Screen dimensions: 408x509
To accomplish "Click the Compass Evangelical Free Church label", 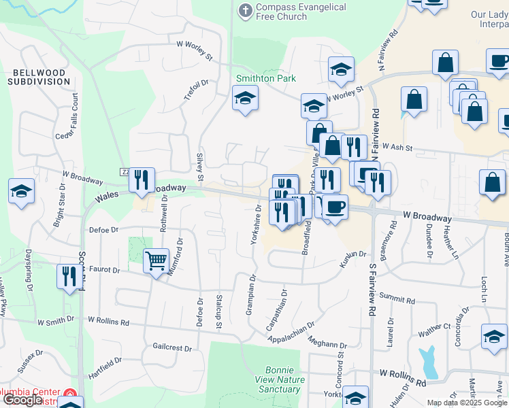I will (301, 12).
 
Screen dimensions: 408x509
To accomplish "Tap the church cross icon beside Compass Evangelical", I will (246, 10).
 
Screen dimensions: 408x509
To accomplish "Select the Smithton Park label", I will (266, 78).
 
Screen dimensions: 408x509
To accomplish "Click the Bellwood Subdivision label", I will (39, 77).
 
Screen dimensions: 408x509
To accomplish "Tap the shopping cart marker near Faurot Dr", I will (156, 260).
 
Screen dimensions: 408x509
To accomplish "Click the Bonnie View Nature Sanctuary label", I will (279, 379).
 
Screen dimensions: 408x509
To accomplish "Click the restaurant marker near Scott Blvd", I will (69, 277).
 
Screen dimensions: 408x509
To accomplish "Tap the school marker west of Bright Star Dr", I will (22, 191).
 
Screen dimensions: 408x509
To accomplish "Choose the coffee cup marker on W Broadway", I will (333, 207).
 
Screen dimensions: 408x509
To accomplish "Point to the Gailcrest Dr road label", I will (173, 347).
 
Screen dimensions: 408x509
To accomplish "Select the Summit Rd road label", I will (397, 299).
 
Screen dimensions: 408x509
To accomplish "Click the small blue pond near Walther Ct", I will (429, 362).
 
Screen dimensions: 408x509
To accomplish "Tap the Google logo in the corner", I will (23, 400).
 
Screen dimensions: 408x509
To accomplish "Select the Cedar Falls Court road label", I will (75, 116).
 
